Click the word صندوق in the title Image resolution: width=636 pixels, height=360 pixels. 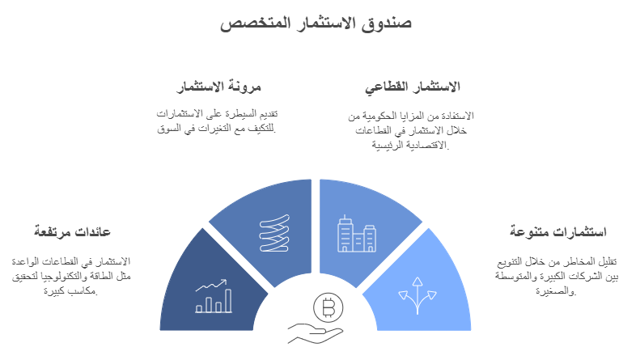pyautogui.click(x=387, y=23)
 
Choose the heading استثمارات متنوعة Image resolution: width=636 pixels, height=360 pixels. pyautogui.click(x=558, y=231)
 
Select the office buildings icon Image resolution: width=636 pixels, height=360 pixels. pyautogui.click(x=356, y=235)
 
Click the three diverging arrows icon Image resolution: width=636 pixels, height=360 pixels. pyautogui.click(x=418, y=295)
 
